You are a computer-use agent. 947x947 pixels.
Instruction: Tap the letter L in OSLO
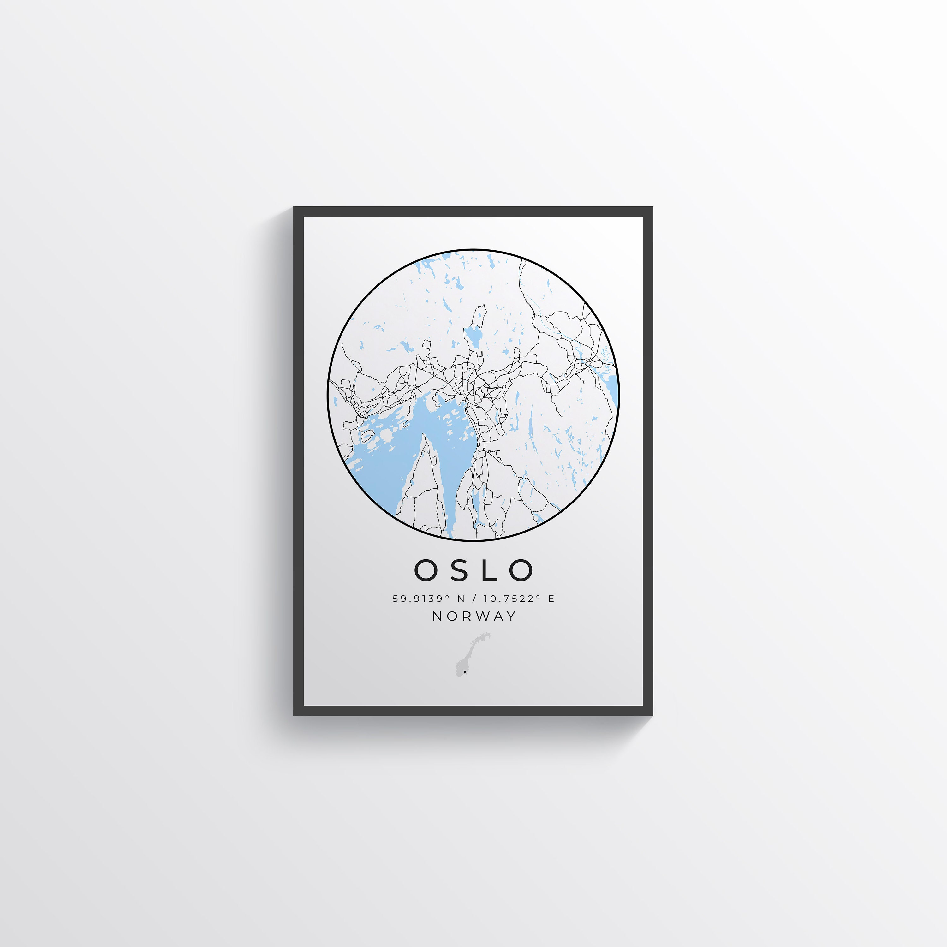point(490,570)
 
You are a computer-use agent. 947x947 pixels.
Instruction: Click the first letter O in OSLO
point(425,570)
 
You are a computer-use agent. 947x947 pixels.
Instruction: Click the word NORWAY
point(474,616)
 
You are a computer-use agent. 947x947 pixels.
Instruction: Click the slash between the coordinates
point(473,599)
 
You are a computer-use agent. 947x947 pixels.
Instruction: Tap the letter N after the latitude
point(461,599)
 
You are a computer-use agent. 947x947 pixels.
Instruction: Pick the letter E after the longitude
point(551,599)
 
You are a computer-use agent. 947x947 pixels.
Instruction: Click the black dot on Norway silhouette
point(465,672)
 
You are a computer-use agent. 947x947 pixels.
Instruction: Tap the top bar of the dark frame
point(473,212)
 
